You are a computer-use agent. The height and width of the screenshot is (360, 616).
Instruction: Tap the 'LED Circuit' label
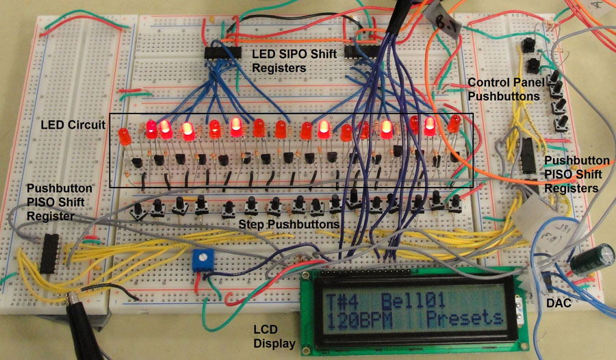(73, 125)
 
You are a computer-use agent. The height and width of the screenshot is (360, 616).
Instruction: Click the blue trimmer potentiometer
(201, 258)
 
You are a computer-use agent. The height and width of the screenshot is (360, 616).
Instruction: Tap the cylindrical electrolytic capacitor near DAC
(588, 262)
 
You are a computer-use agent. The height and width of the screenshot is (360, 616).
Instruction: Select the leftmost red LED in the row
(125, 136)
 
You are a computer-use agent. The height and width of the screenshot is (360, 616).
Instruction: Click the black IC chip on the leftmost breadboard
(49, 252)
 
